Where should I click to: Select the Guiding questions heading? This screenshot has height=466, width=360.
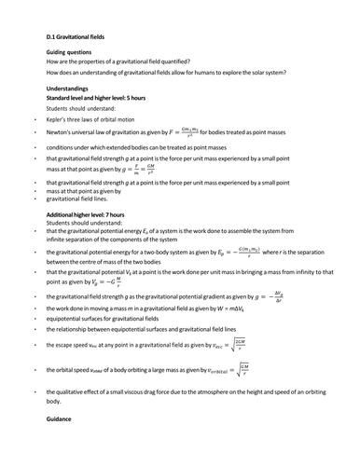tap(67, 52)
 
